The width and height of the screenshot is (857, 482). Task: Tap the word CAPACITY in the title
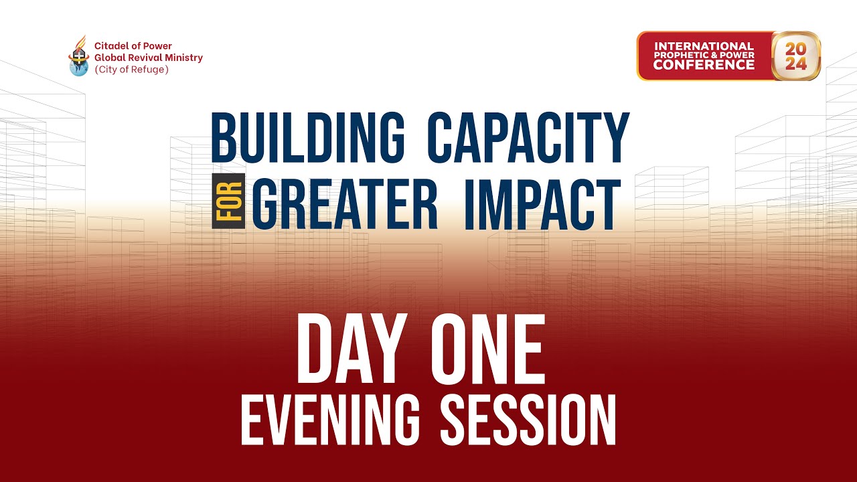528,138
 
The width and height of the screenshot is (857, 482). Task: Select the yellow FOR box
228,201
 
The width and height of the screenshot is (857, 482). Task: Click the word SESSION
528,419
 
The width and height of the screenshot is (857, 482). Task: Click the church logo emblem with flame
78,56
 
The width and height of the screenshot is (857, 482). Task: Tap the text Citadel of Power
133,46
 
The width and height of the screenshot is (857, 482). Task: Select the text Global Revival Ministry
149,58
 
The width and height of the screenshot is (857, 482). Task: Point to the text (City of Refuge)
132,69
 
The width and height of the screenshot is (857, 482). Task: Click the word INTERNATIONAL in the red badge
704,46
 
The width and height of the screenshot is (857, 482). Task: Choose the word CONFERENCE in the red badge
704,65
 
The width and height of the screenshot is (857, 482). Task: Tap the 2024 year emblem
796,56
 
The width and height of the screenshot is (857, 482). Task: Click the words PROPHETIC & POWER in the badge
704,55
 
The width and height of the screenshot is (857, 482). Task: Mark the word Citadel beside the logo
109,46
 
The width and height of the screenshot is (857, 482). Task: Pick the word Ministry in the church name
186,58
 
